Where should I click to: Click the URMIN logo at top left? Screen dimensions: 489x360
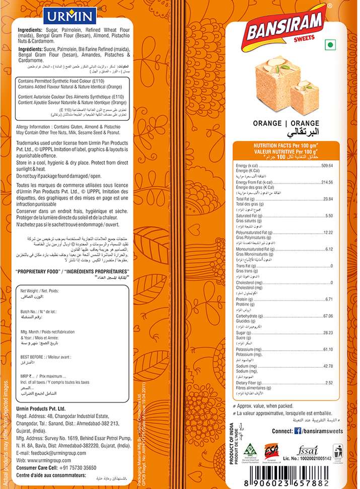click(70, 16)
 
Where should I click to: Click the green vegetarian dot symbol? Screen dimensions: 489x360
click(330, 45)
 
